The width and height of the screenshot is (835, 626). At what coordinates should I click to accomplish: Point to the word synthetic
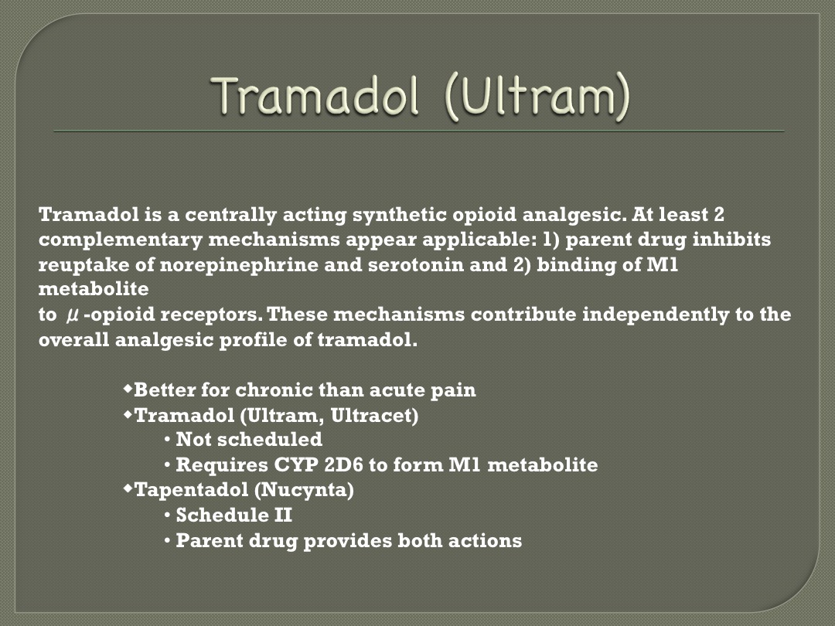[x=400, y=215]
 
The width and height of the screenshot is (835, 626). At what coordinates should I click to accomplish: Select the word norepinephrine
[x=239, y=265]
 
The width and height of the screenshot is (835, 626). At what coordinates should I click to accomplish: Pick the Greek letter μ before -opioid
[x=73, y=315]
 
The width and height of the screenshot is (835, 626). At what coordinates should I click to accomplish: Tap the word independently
[x=656, y=315]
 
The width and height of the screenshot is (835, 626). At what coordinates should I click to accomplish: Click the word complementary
[x=121, y=240]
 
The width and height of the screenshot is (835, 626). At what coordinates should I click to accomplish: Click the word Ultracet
[x=374, y=415]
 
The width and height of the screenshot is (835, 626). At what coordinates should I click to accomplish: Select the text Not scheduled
[x=249, y=439]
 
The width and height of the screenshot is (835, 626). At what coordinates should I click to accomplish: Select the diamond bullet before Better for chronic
[x=128, y=389]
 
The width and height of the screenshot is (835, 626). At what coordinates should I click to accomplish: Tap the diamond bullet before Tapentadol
[x=128, y=488]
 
